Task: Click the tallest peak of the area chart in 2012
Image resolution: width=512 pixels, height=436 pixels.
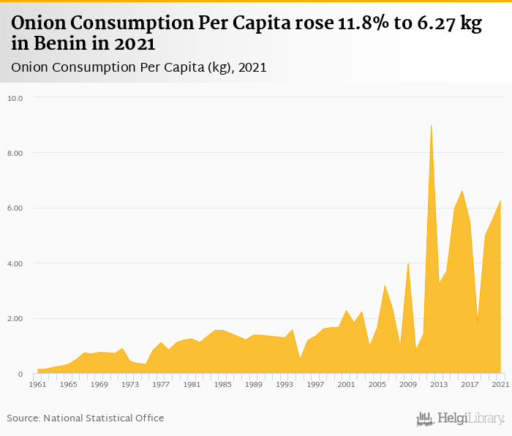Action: coord(432,126)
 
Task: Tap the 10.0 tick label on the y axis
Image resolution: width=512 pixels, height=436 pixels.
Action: coord(16,98)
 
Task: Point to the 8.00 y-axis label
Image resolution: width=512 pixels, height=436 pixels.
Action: coord(16,153)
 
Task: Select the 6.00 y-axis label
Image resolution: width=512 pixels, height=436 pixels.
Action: coord(16,208)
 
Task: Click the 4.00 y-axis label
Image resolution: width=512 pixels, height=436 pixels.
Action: coord(16,263)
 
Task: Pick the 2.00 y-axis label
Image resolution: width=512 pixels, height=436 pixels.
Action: coord(16,319)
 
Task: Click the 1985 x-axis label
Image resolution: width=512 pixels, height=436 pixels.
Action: coord(222,384)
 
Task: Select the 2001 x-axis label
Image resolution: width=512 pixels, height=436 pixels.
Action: coord(346,384)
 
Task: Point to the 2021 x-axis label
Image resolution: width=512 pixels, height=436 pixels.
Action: coord(500,384)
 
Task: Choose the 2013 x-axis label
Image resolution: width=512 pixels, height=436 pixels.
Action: coord(439,384)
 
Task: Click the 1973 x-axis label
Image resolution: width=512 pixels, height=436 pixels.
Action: coord(130,384)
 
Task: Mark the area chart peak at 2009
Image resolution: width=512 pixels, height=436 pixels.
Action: coord(408,263)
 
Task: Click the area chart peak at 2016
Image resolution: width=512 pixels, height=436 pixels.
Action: coord(462,191)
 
